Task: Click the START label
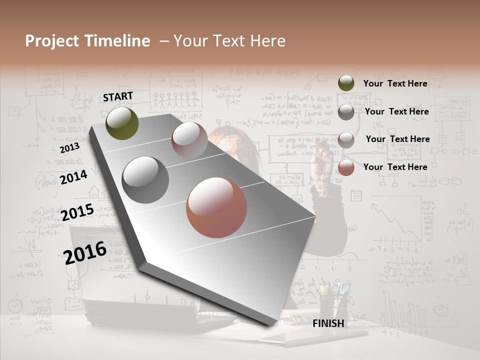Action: (118, 96)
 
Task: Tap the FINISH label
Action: (328, 323)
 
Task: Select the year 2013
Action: (69, 147)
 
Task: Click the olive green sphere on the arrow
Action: (122, 123)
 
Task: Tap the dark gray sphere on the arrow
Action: (145, 180)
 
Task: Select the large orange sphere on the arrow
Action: (216, 207)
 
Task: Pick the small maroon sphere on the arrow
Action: (189, 139)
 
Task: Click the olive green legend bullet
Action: (346, 83)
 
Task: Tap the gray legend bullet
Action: (346, 111)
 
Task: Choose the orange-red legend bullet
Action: (346, 167)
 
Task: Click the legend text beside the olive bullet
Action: (395, 83)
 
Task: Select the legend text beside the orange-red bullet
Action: (395, 167)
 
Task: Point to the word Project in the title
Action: (52, 41)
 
